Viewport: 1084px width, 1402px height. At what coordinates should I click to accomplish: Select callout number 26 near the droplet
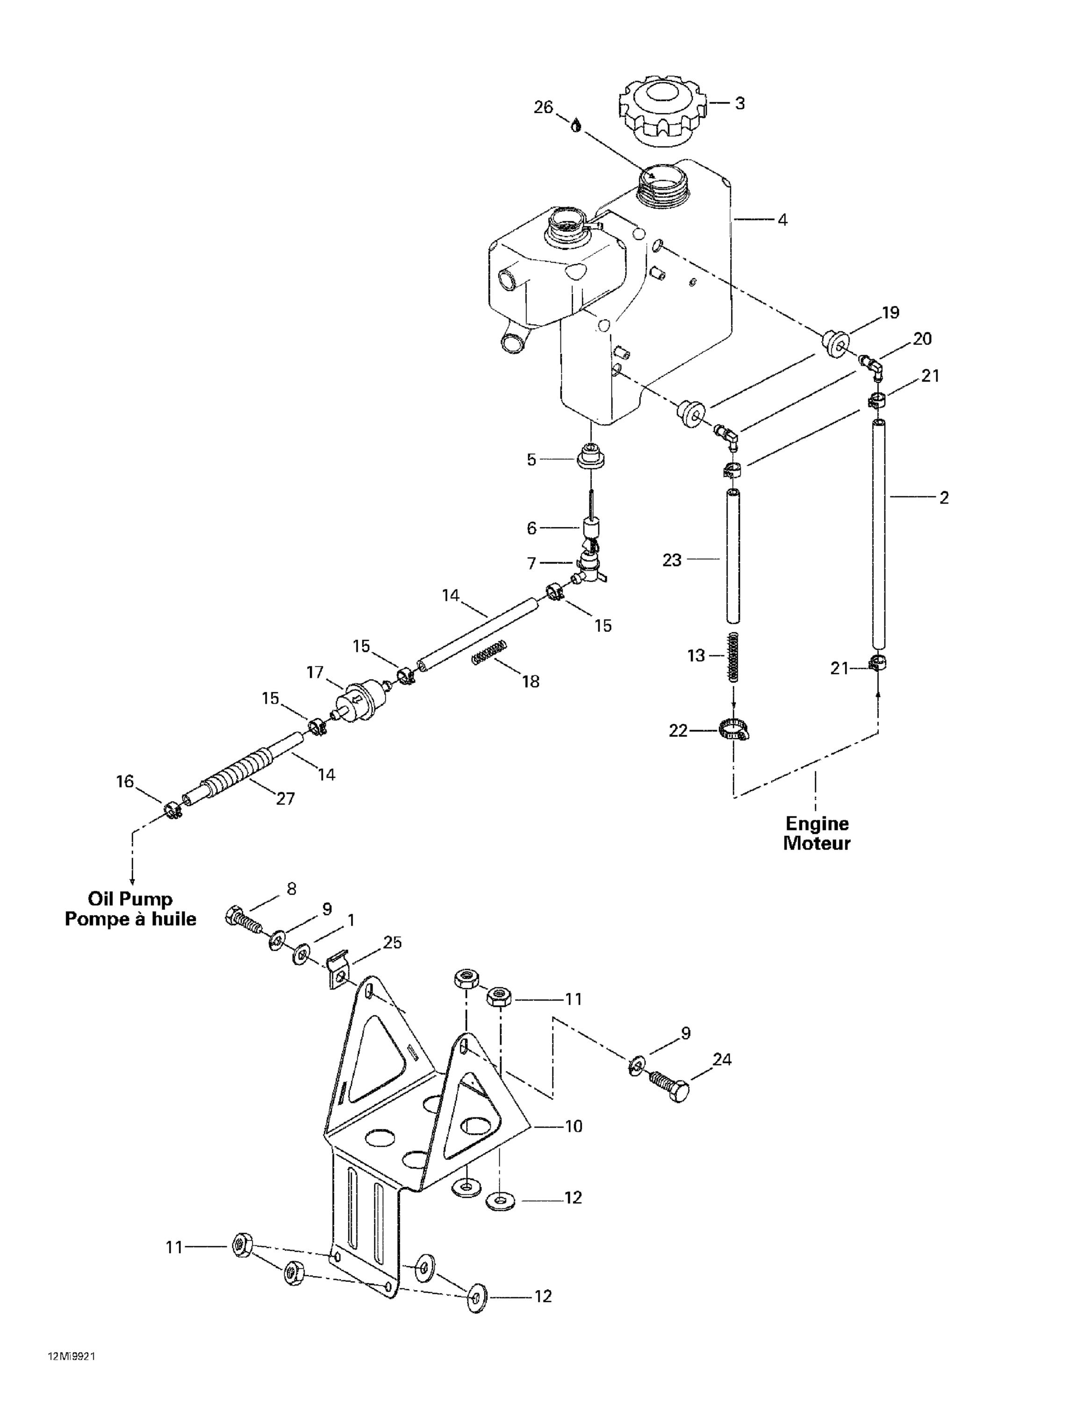pyautogui.click(x=543, y=108)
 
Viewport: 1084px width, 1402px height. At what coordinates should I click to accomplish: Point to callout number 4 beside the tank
pyautogui.click(x=782, y=220)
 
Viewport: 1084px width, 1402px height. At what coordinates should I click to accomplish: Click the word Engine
pyautogui.click(x=817, y=823)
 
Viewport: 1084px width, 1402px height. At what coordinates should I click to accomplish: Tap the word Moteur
pyautogui.click(x=817, y=843)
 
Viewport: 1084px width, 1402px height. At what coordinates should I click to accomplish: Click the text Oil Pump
pyautogui.click(x=130, y=899)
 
